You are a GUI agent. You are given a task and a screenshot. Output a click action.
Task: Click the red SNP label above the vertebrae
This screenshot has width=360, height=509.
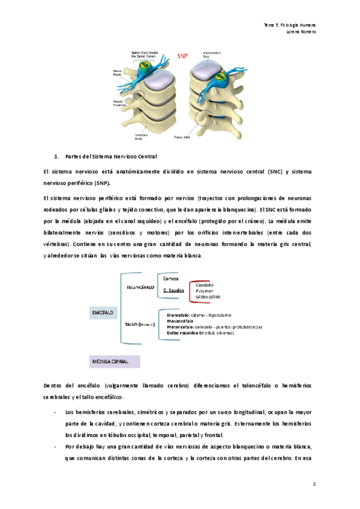182,55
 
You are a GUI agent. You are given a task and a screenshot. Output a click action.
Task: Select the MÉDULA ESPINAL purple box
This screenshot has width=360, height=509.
114,361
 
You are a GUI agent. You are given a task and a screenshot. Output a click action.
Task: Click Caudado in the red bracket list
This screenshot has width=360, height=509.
205,285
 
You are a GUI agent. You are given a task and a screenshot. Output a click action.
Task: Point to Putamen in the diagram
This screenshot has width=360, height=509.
205,291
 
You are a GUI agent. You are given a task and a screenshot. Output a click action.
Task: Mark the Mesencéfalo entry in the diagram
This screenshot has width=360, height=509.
184,321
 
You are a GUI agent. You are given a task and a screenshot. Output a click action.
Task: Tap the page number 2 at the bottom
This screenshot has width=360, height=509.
314,483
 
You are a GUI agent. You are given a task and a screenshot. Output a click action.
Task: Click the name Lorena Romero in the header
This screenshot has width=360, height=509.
301,32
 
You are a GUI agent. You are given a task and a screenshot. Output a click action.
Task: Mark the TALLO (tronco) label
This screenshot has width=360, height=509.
140,324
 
